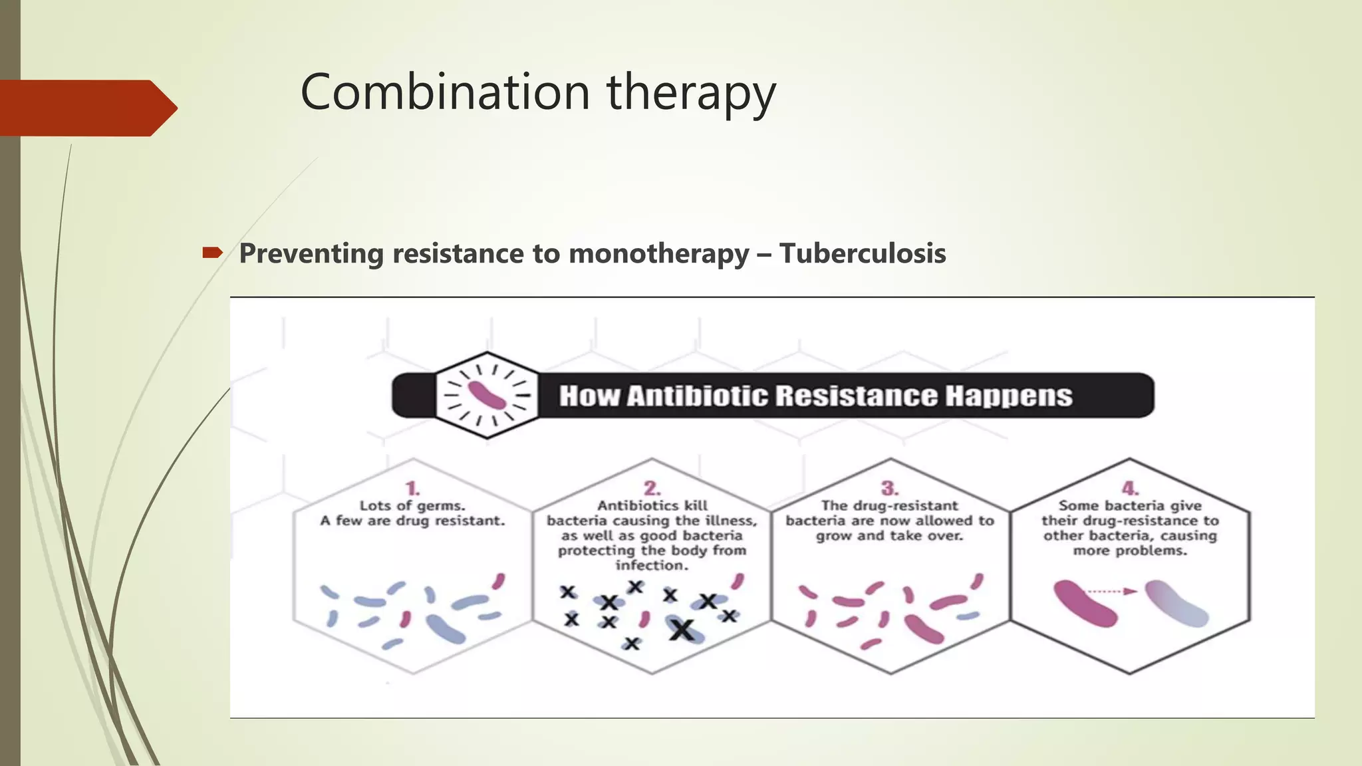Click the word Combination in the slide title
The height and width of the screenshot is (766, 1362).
pyautogui.click(x=445, y=92)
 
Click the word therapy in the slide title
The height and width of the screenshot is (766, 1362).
pyautogui.click(x=691, y=93)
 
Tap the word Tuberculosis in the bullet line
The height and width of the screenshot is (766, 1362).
pyautogui.click(x=863, y=253)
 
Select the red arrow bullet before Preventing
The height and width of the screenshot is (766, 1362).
pyautogui.click(x=212, y=252)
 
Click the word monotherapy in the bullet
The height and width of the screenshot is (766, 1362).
pyautogui.click(x=658, y=253)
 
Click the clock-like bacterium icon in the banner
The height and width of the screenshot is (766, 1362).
pyautogui.click(x=487, y=395)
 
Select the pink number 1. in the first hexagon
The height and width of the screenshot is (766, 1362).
pyautogui.click(x=413, y=489)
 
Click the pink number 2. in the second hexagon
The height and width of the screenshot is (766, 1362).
pyautogui.click(x=652, y=489)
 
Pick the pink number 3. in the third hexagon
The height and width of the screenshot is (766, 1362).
pyautogui.click(x=890, y=489)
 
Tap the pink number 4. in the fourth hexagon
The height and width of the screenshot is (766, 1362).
pyautogui.click(x=1130, y=489)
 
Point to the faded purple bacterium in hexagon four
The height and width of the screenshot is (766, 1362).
pyautogui.click(x=1176, y=603)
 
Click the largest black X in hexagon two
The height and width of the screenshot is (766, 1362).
pyautogui.click(x=682, y=628)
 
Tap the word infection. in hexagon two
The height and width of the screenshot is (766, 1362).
pyautogui.click(x=652, y=565)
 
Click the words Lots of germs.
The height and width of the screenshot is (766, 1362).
pyautogui.click(x=412, y=506)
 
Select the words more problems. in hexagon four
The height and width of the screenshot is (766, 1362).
pyautogui.click(x=1130, y=551)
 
